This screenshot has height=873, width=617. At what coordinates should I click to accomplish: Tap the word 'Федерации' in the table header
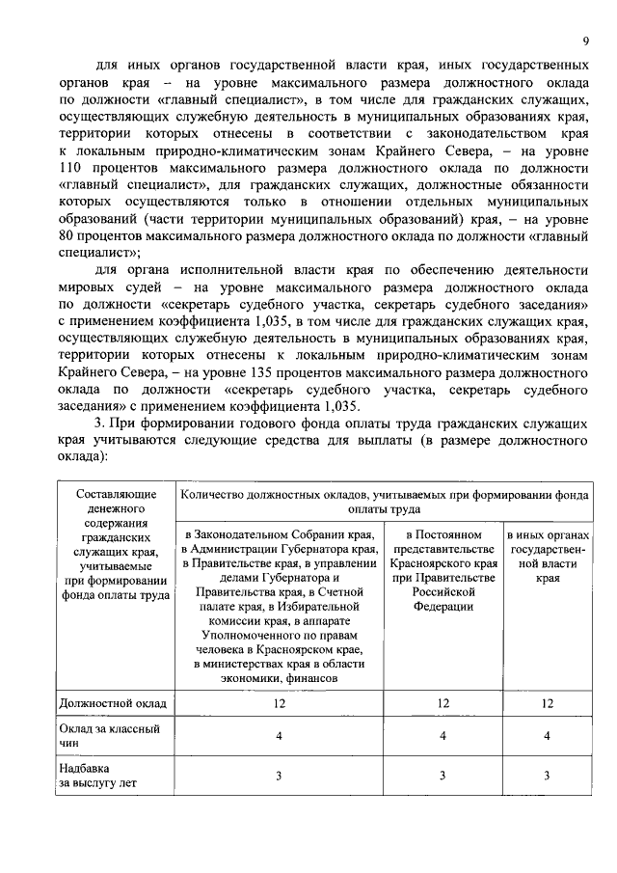coord(442,607)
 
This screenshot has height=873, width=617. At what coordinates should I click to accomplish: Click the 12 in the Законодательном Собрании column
coord(279,704)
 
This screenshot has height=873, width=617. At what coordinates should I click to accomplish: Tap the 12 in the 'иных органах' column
coord(547,704)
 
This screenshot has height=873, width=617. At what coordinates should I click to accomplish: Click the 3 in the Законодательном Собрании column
coord(279,775)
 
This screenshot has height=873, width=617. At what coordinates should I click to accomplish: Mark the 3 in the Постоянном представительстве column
coord(443,775)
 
